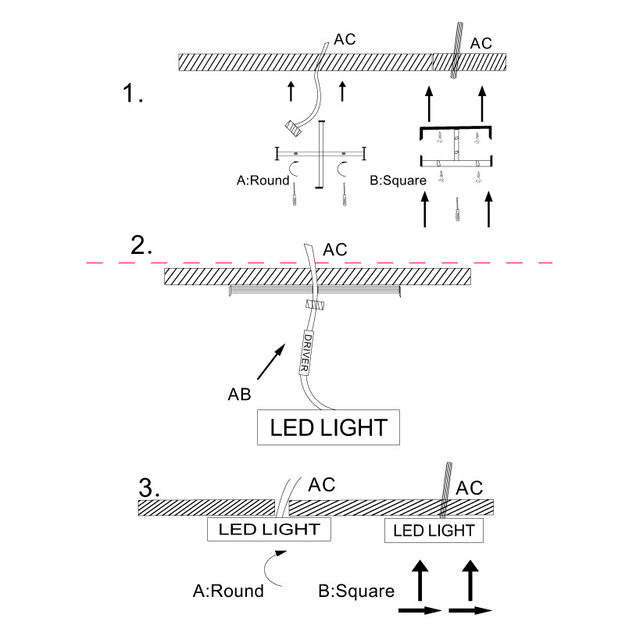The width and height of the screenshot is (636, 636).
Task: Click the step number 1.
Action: (133, 95)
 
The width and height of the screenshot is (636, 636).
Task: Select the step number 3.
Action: (148, 487)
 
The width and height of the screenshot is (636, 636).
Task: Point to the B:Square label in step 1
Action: (398, 180)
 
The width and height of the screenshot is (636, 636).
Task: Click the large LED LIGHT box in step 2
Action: (329, 427)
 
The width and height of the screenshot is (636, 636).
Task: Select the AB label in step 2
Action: (239, 395)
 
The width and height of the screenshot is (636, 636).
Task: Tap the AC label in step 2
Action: (335, 250)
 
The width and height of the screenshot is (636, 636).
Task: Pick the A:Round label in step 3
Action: (228, 591)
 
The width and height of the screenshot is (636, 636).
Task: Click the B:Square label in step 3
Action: (356, 591)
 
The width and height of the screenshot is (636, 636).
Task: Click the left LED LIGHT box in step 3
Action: (269, 529)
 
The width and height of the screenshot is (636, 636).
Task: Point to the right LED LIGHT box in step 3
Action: (434, 531)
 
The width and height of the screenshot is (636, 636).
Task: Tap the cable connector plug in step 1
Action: (295, 127)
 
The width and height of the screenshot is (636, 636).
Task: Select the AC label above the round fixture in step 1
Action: (345, 39)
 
